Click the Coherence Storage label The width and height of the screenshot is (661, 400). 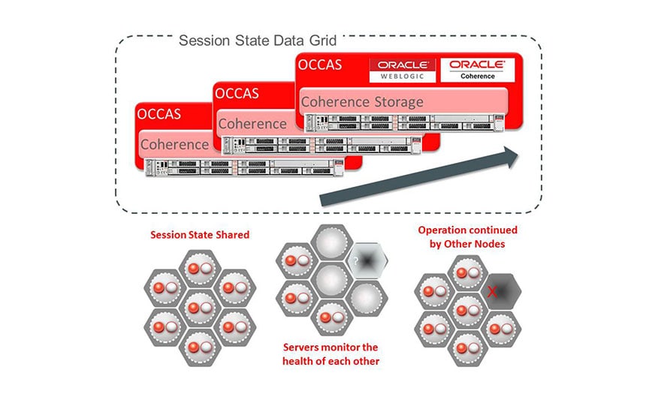pos(362,101)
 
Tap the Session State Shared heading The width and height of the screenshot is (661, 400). pos(199,235)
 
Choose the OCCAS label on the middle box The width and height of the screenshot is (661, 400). pos(237,94)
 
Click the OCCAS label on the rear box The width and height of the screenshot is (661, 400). pos(320,65)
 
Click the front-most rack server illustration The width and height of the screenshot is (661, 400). pos(252,166)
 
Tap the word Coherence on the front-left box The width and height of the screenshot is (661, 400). pos(174,144)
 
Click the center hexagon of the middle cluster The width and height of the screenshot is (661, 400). pos(329,281)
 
